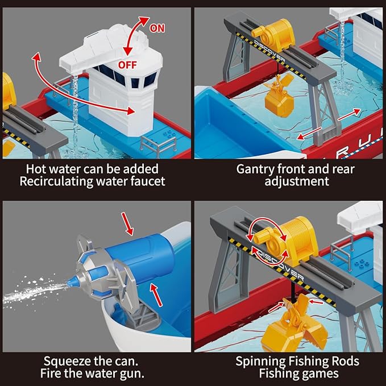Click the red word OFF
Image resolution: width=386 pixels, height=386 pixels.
point(127,64)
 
